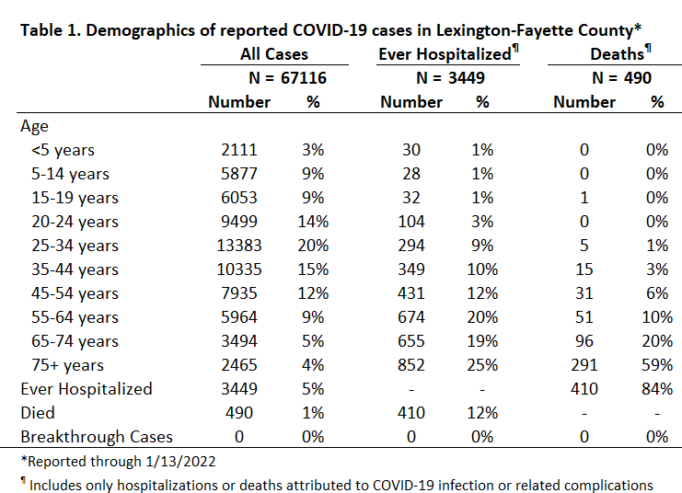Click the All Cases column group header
pyautogui.click(x=274, y=54)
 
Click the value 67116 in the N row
pyautogui.click(x=303, y=78)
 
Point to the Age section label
pyautogui.click(x=34, y=127)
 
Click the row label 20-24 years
pyautogui.click(x=75, y=222)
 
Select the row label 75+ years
pyautogui.click(x=67, y=365)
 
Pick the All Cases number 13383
pyautogui.click(x=239, y=246)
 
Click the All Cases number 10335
pyautogui.click(x=239, y=269)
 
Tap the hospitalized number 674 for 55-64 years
pyautogui.click(x=411, y=317)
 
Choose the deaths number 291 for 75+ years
pyautogui.click(x=584, y=365)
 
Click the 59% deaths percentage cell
pyautogui.click(x=657, y=365)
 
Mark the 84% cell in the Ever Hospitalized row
pyautogui.click(x=657, y=389)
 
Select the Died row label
pyautogui.click(x=38, y=413)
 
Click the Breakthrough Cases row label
pyautogui.click(x=97, y=437)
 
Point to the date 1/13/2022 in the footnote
pyautogui.click(x=180, y=461)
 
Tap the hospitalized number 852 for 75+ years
pyautogui.click(x=411, y=365)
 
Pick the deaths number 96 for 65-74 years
pyautogui.click(x=584, y=341)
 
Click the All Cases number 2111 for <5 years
pyautogui.click(x=239, y=150)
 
